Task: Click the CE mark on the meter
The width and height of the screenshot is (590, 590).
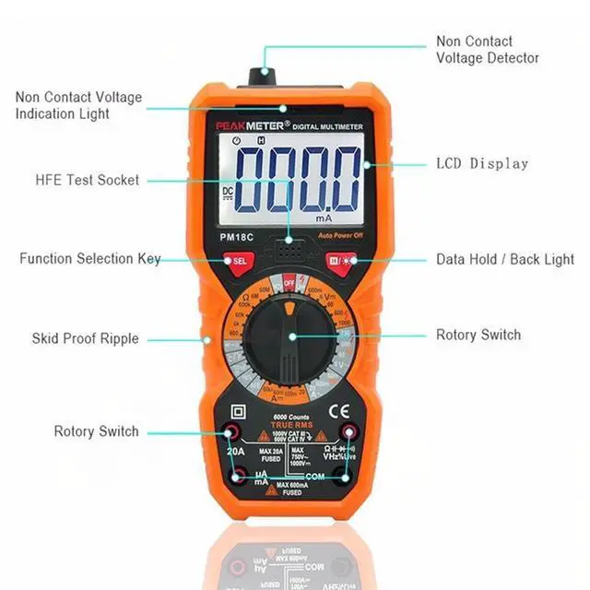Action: point(339,411)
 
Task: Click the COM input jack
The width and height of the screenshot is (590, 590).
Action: point(343,477)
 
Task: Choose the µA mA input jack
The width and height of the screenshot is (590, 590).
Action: point(239,477)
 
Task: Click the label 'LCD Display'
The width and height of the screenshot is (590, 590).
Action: point(481,164)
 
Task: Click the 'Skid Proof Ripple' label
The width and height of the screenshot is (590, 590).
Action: point(85,338)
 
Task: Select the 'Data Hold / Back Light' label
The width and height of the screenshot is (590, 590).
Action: point(504,260)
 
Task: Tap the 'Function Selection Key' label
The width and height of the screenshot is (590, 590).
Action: point(89,259)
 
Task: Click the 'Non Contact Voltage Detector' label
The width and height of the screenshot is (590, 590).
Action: point(487,50)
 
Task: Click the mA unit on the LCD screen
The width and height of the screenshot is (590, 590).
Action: point(323,219)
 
